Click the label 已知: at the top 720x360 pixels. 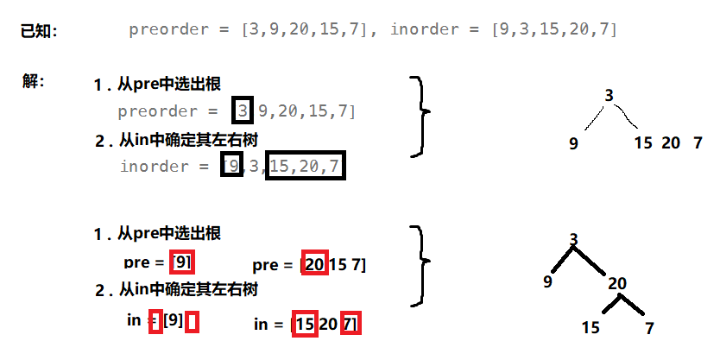pos(39,31)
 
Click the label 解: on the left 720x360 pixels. pos(34,83)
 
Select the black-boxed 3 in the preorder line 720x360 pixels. pos(243,110)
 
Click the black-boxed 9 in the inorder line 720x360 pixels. pos(231,165)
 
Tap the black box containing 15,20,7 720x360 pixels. pos(306,165)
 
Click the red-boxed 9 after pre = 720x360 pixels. pos(183,262)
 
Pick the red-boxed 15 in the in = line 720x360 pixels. pos(304,324)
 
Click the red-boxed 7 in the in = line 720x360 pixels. pos(350,324)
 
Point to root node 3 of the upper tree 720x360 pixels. pos(609,96)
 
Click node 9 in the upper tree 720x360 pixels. pos(573,143)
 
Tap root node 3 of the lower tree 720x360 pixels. pos(573,238)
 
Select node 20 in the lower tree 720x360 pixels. pos(616,283)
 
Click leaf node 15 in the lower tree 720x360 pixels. pos(591,327)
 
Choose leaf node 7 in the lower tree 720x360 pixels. pos(649,327)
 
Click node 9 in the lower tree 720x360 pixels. pos(547,282)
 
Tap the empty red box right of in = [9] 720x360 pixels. pos(193,322)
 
